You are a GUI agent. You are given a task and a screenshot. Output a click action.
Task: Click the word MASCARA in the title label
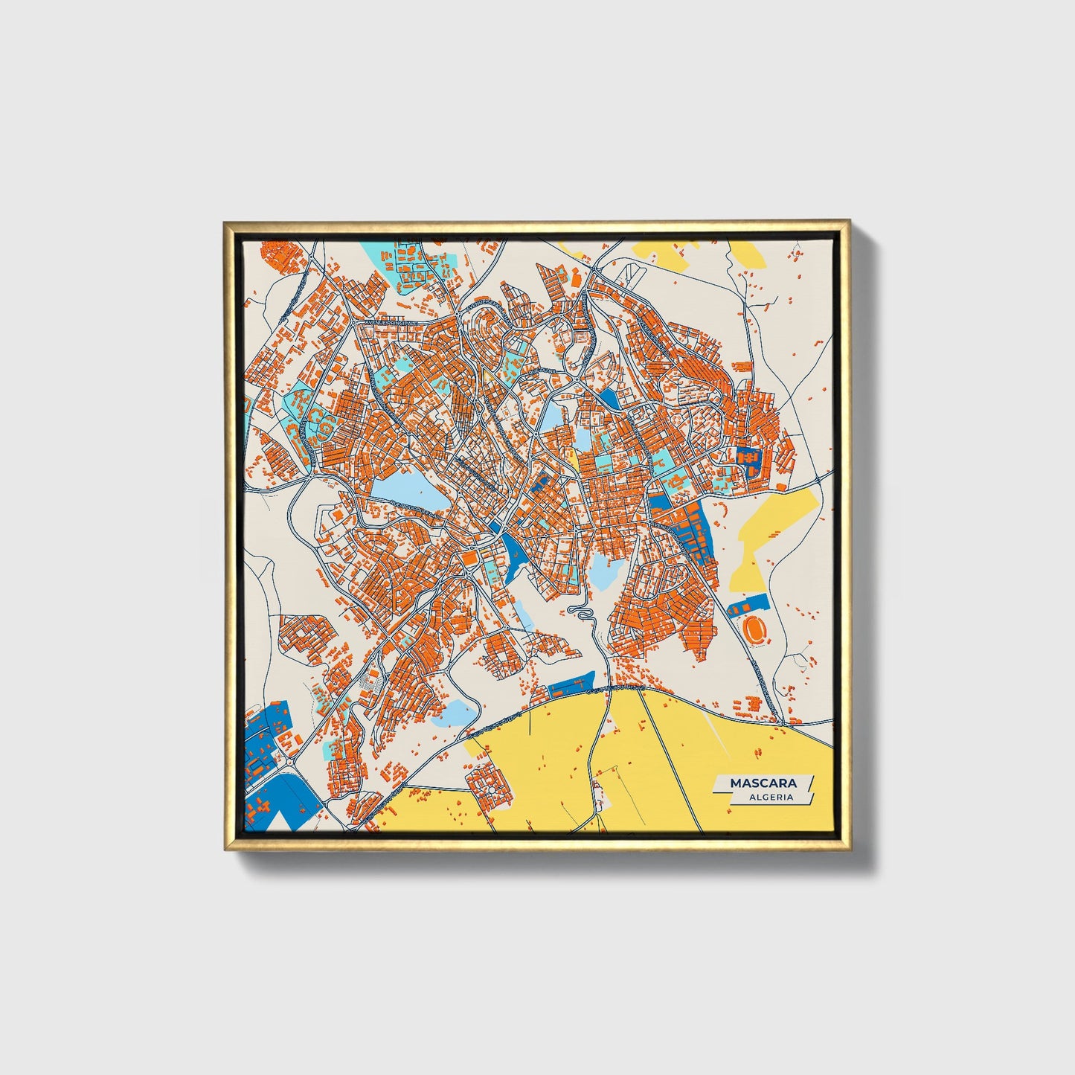763,783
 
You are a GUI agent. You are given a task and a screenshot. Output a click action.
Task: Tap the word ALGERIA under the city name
771,797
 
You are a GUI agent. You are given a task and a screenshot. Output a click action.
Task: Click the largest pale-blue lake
408,494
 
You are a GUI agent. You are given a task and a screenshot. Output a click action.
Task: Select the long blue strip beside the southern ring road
571,684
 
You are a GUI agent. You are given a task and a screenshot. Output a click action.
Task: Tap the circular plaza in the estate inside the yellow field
489,779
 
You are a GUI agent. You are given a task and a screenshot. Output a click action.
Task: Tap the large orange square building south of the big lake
469,556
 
